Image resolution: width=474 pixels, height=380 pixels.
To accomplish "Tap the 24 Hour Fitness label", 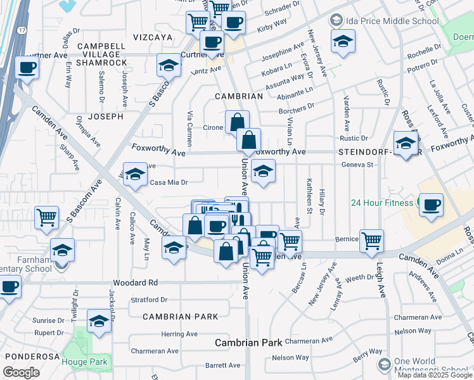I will (383, 203).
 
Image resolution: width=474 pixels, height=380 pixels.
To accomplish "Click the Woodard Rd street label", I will (135, 282).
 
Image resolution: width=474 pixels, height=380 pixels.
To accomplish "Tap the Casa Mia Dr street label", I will (169, 182).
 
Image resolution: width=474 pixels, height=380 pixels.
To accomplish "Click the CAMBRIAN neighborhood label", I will (238, 96).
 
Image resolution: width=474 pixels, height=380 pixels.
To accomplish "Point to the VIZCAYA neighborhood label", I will (151, 37).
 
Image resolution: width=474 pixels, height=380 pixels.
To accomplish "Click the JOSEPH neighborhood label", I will (105, 117).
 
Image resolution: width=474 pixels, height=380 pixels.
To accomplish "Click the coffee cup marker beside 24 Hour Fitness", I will (431, 205).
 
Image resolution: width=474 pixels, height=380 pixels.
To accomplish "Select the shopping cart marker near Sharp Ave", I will (46, 218).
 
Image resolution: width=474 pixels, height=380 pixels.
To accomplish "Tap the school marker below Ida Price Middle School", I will (343, 41).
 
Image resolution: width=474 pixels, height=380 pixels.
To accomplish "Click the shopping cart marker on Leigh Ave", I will (371, 240).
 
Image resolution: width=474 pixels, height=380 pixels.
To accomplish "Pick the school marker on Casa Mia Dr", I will (135, 175).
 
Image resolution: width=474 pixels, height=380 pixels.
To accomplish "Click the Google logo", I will (21, 372).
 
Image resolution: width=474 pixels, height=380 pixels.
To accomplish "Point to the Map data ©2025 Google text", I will (435, 375).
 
